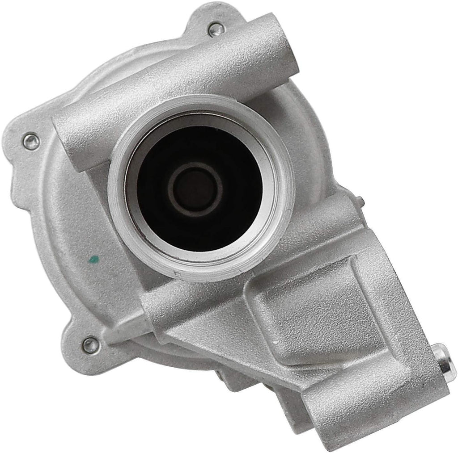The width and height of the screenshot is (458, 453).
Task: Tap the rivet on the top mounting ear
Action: coord(214,30)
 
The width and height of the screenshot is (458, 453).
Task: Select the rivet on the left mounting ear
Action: coord(30,140)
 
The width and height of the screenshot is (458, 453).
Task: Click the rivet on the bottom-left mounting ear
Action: coord(90,344)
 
